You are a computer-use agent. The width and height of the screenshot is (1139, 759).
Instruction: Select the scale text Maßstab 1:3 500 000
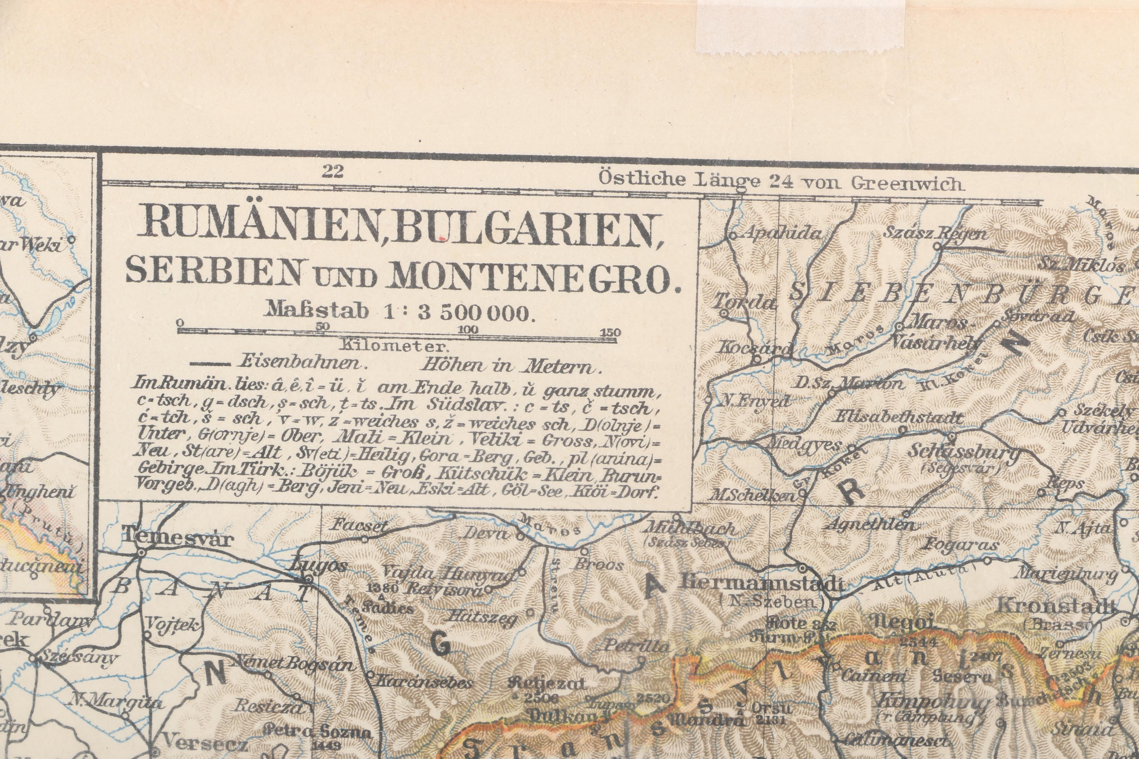tap(400, 311)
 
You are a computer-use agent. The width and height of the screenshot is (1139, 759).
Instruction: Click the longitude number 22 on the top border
tap(332, 171)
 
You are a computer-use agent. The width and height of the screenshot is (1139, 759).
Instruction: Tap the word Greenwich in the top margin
tap(905, 184)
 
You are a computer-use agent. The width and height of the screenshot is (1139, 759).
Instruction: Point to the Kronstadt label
tap(1056, 605)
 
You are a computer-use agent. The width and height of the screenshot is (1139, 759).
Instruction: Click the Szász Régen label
tap(934, 233)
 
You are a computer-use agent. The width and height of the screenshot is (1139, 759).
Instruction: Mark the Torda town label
tap(743, 302)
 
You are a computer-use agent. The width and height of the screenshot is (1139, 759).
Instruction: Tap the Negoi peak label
tap(902, 621)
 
